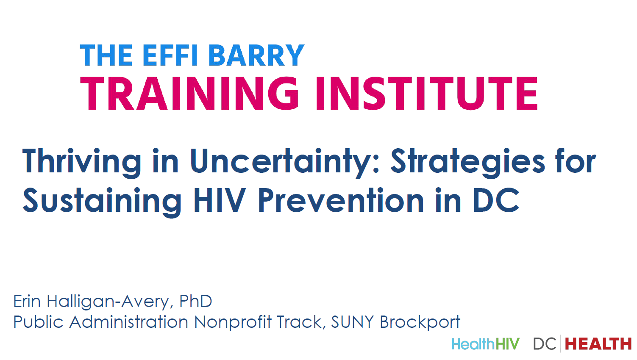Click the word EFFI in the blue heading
click(170, 55)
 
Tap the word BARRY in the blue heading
click(256, 55)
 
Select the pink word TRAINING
click(190, 93)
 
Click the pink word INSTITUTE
click(426, 93)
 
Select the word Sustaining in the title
click(102, 202)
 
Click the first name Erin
click(27, 301)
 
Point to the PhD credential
click(196, 301)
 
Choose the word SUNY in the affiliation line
click(352, 322)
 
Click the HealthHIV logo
click(486, 344)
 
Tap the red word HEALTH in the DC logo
click(598, 344)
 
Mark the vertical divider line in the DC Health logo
click(560, 343)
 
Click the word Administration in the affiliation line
click(129, 322)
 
